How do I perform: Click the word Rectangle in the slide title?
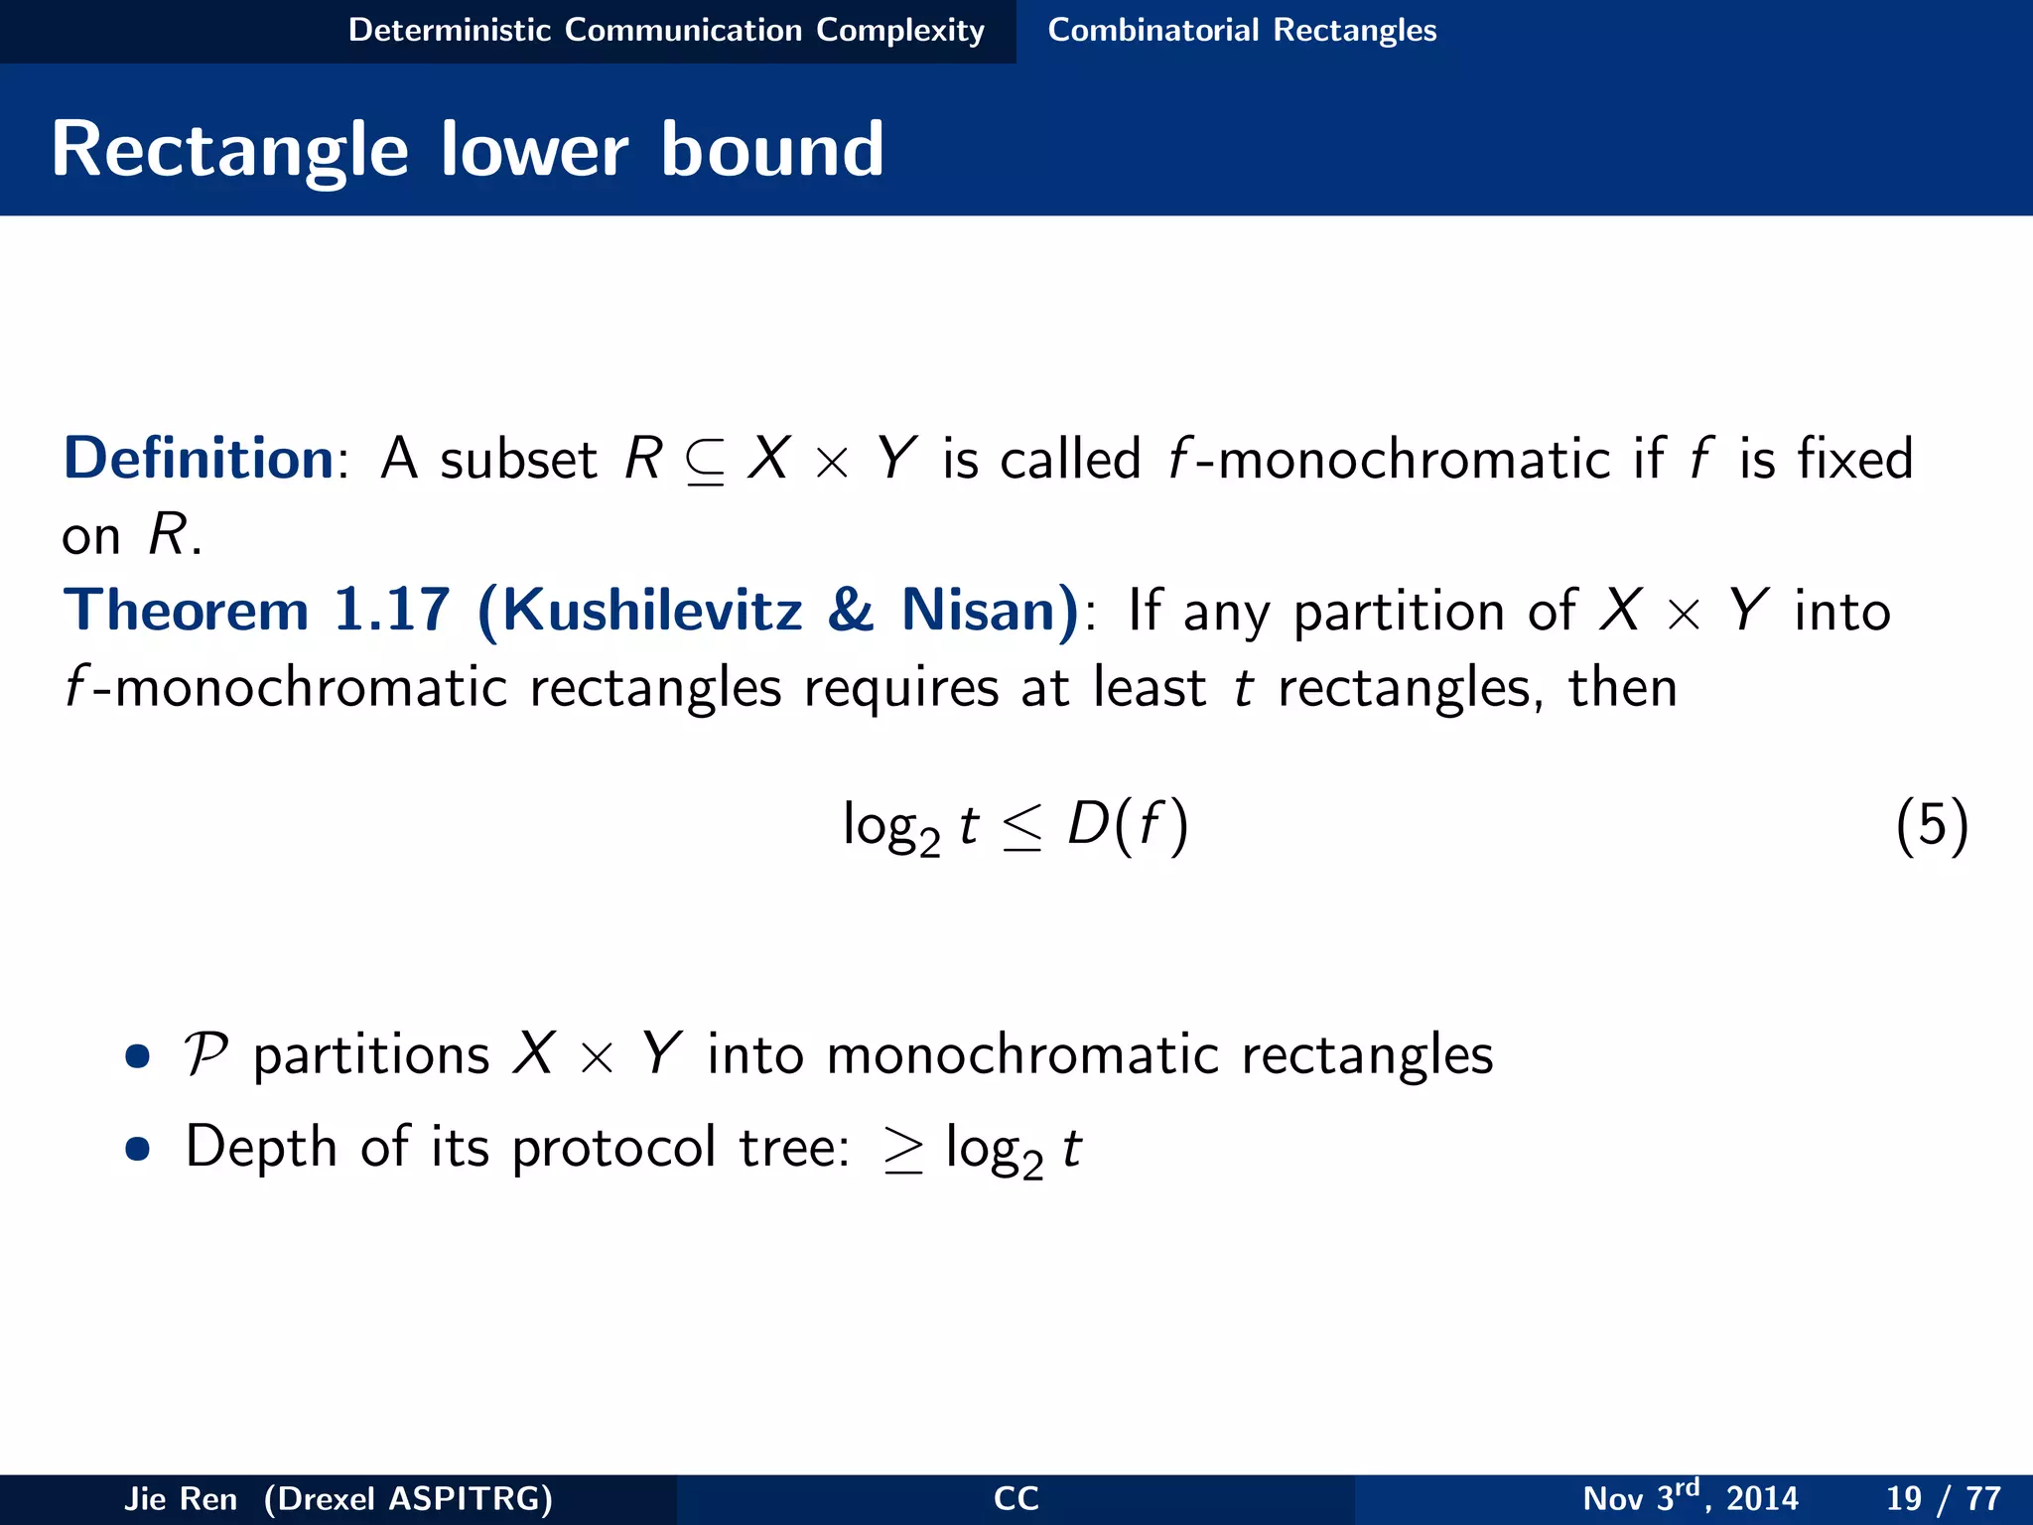click(229, 151)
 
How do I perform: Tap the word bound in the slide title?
click(771, 151)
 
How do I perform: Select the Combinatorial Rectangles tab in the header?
click(1242, 30)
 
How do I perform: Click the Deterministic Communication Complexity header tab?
click(666, 30)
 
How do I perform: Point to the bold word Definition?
click(199, 459)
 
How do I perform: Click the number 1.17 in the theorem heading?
click(391, 610)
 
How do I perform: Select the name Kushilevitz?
click(652, 610)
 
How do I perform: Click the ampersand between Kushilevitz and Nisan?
click(851, 610)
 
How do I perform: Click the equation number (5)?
click(1931, 825)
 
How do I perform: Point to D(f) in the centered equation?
click(1128, 825)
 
